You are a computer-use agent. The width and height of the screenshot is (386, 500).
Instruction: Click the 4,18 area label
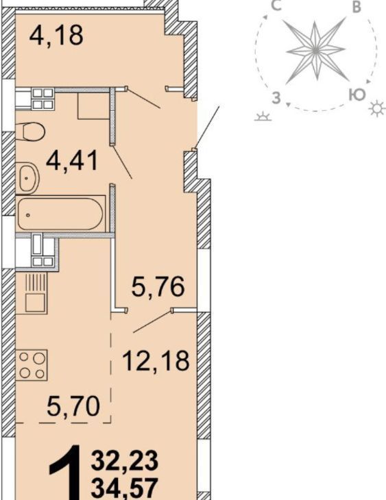(x=56, y=35)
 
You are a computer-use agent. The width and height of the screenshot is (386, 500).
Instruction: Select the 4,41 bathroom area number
(x=72, y=161)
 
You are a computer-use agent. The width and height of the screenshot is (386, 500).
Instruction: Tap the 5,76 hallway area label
(x=158, y=286)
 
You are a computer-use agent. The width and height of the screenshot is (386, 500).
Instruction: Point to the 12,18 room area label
(x=156, y=361)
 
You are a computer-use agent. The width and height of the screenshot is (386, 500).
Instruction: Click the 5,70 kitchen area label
(x=73, y=406)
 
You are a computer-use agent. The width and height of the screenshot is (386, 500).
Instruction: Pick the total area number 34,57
(x=125, y=487)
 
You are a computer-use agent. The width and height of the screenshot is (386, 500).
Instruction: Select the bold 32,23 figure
(x=125, y=460)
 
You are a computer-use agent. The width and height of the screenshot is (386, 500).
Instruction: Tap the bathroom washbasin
(x=27, y=178)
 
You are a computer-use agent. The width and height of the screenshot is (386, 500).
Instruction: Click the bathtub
(x=60, y=213)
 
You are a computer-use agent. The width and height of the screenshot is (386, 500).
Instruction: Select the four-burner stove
(x=32, y=365)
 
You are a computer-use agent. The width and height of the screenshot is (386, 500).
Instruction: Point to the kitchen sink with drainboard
(x=36, y=292)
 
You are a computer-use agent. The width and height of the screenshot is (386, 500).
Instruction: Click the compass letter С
(x=276, y=5)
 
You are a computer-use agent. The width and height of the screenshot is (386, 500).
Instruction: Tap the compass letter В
(x=357, y=7)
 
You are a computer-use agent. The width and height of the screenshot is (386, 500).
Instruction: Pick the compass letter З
(x=276, y=97)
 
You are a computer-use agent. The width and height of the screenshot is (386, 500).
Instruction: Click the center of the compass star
(x=315, y=50)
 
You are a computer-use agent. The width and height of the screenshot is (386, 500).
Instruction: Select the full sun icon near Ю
(x=376, y=108)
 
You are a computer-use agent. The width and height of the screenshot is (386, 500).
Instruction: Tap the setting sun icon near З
(x=263, y=117)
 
